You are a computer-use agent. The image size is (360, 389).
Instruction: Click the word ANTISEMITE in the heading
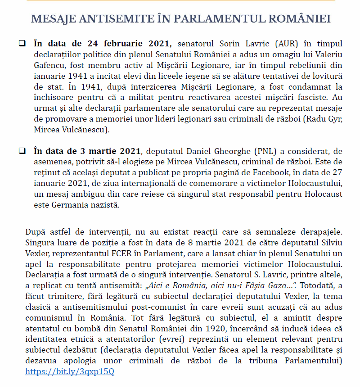106,19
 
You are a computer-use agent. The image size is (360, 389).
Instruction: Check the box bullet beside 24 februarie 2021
22,44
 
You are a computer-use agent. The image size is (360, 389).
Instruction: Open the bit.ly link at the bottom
70,371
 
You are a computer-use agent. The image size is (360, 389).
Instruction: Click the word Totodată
317,284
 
